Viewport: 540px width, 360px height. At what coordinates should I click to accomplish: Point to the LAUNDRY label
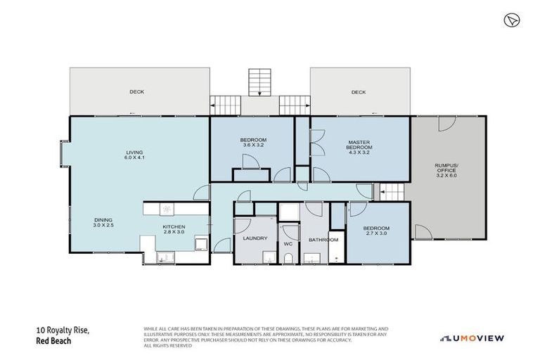[255, 238]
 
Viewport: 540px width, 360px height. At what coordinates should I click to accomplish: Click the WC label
[288, 244]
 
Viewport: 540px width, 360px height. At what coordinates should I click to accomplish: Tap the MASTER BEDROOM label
[359, 147]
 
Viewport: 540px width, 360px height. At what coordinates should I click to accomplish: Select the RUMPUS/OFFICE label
[446, 170]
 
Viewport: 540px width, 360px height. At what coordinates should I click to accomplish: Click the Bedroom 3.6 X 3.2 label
[253, 143]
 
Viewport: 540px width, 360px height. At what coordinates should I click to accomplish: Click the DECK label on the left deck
[136, 92]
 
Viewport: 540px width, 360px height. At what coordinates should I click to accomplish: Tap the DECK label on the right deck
[359, 92]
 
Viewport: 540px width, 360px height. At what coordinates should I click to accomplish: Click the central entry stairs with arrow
[260, 84]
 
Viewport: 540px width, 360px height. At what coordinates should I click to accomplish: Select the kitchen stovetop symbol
[167, 209]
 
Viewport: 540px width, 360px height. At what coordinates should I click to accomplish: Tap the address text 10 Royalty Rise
[63, 330]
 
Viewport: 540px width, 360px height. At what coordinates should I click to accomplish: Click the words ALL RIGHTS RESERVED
[167, 345]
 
